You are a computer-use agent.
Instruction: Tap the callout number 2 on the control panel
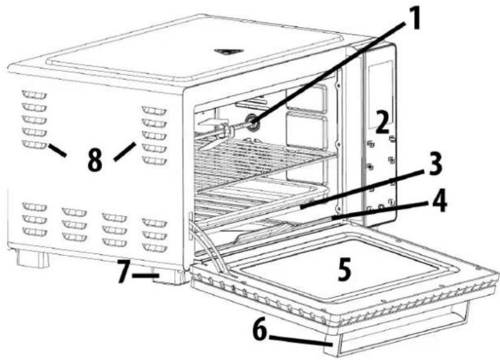coord(381,123)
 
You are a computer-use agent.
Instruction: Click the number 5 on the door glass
coord(343,270)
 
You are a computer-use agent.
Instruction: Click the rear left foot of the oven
coord(31,258)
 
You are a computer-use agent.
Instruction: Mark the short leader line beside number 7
coord(145,277)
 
